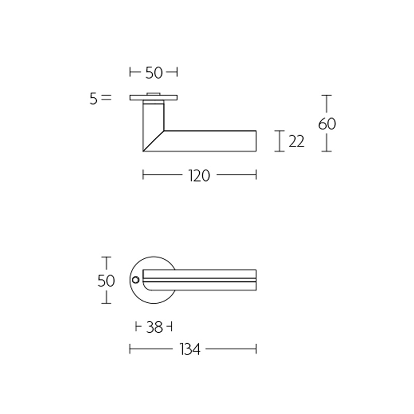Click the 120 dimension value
coord(199,176)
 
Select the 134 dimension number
coord(190,350)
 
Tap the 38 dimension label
coord(154,327)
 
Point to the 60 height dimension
coord(327,124)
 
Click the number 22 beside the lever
coord(296,141)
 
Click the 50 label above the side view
coord(154,73)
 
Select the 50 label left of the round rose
coord(106,280)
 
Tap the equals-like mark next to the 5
coord(106,97)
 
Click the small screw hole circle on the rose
coord(136,280)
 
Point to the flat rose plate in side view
coord(154,98)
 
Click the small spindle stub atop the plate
coord(154,94)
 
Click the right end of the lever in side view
coord(255,141)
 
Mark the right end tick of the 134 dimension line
coord(256,350)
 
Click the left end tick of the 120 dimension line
coord(143,176)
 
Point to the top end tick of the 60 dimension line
coord(326,95)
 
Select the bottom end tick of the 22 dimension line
coord(280,152)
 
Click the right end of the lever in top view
coord(255,279)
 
